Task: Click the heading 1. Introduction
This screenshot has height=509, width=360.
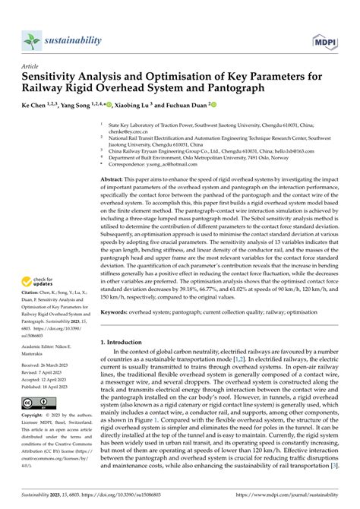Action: click(123, 343)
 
